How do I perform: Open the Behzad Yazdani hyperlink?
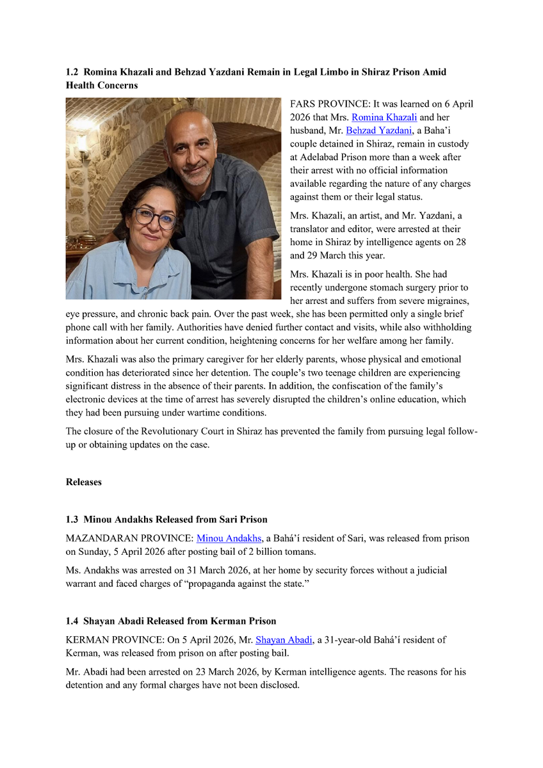point(379,131)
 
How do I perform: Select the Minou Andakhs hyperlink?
point(229,538)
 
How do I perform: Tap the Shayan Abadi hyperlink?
point(284,639)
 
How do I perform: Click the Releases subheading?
point(84,482)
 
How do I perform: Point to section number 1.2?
point(72,72)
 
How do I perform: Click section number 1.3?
point(72,519)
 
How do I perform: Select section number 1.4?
point(72,621)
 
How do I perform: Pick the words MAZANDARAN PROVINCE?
point(128,538)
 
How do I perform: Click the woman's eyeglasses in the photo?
point(155,218)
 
